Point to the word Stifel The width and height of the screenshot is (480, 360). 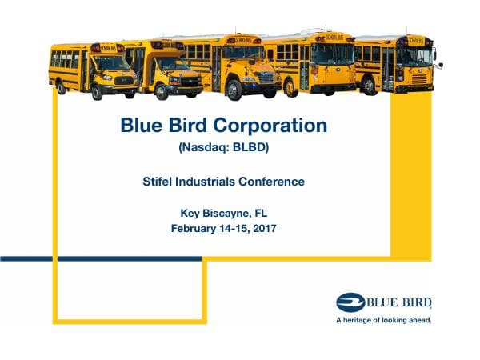click(158, 182)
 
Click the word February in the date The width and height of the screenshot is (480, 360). click(198, 228)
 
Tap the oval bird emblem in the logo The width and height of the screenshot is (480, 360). click(350, 302)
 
